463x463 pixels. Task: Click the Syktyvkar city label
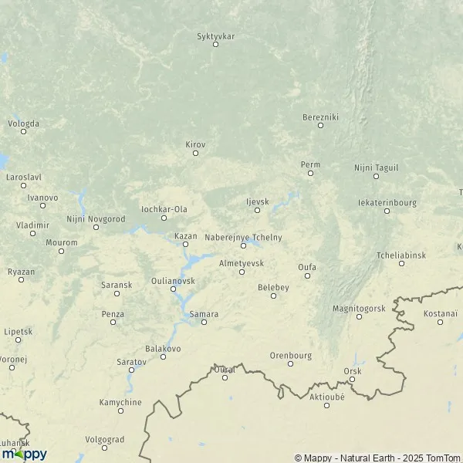(215, 35)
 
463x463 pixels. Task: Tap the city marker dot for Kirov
(195, 153)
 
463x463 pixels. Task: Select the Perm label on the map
(310, 164)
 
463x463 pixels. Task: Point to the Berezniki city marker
(320, 125)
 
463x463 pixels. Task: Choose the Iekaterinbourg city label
(387, 203)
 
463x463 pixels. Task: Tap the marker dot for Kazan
(185, 245)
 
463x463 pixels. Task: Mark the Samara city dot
(204, 322)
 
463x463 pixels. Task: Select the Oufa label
(307, 267)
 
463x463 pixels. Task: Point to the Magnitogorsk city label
(358, 308)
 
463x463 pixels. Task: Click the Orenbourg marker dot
(290, 363)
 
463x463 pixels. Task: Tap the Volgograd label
(104, 439)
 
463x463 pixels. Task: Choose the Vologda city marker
(23, 131)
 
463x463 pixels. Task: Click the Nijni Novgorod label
(96, 219)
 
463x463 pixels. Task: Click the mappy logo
(24, 454)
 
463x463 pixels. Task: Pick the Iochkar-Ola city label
(164, 208)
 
